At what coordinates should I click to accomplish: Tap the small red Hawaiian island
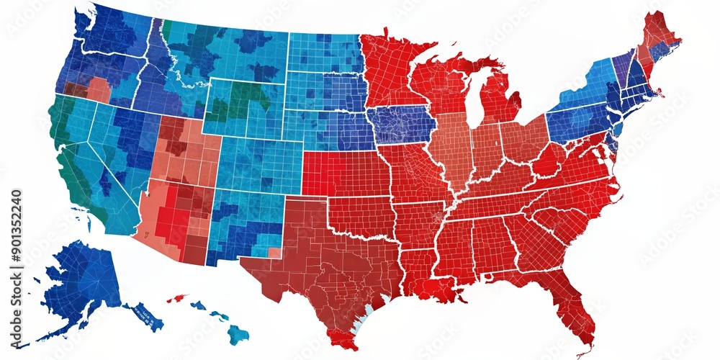click(x=176, y=298)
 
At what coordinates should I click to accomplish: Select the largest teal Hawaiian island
click(x=238, y=333)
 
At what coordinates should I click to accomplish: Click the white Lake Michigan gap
click(x=472, y=101)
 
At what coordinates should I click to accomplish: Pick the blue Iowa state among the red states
click(x=402, y=124)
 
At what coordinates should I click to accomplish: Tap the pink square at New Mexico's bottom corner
click(x=274, y=253)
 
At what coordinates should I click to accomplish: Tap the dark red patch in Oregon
click(x=75, y=89)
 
